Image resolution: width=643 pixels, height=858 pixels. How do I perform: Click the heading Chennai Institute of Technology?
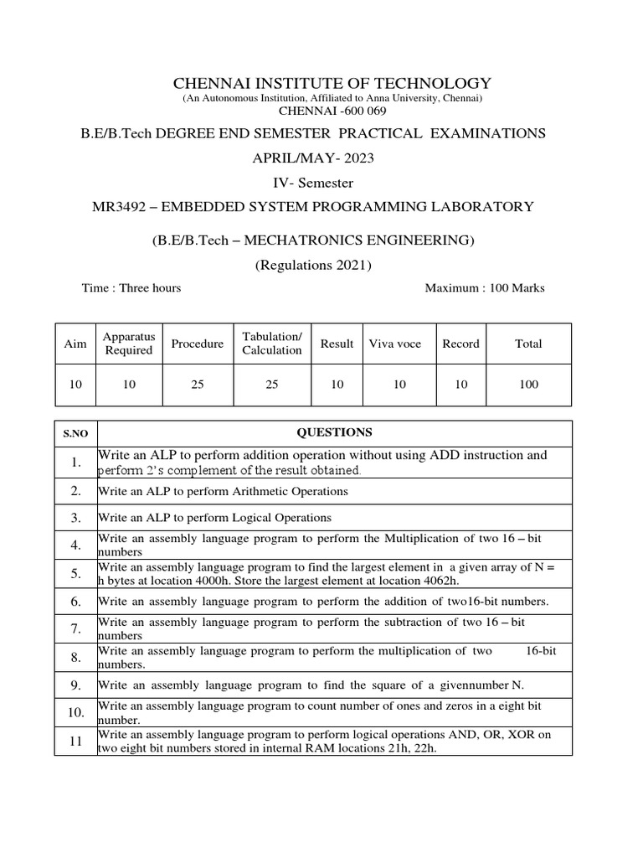tap(332, 83)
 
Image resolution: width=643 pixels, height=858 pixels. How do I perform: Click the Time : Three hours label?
tap(131, 287)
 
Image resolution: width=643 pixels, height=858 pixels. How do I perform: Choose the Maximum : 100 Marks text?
tap(485, 287)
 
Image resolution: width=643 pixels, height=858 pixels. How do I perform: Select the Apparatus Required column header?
tap(128, 344)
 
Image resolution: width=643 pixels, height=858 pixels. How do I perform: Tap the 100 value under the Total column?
tap(528, 385)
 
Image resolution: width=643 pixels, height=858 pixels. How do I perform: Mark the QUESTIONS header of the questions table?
tap(335, 432)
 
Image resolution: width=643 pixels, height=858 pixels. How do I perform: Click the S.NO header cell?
tap(75, 434)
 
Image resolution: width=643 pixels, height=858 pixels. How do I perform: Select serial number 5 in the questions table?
tap(75, 573)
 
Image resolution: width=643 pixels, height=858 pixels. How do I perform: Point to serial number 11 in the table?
tap(75, 741)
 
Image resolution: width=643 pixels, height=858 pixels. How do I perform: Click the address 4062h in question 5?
tap(443, 581)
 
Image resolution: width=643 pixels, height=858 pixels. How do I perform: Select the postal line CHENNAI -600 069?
tap(332, 111)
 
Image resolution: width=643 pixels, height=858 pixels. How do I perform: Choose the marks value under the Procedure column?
tap(197, 385)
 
